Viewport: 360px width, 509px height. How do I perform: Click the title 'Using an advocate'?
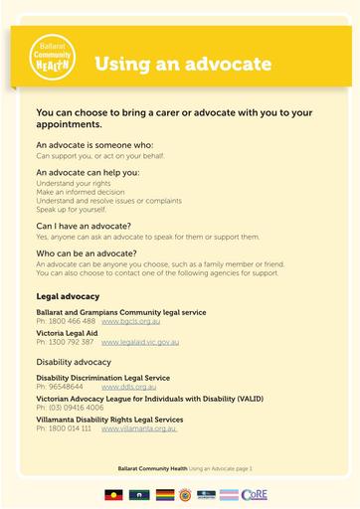pos(183,65)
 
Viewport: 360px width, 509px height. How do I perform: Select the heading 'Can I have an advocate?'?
pos(90,226)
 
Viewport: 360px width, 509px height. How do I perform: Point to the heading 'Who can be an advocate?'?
pos(94,254)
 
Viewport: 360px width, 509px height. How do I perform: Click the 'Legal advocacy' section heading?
pos(68,296)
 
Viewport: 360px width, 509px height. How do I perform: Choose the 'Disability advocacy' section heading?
pos(76,362)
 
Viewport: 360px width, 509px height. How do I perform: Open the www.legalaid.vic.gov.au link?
pos(140,342)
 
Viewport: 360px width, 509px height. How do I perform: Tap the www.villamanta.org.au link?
pos(139,428)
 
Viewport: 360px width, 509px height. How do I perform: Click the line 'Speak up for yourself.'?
pos(71,209)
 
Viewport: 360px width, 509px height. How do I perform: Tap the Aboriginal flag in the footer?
pos(113,493)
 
